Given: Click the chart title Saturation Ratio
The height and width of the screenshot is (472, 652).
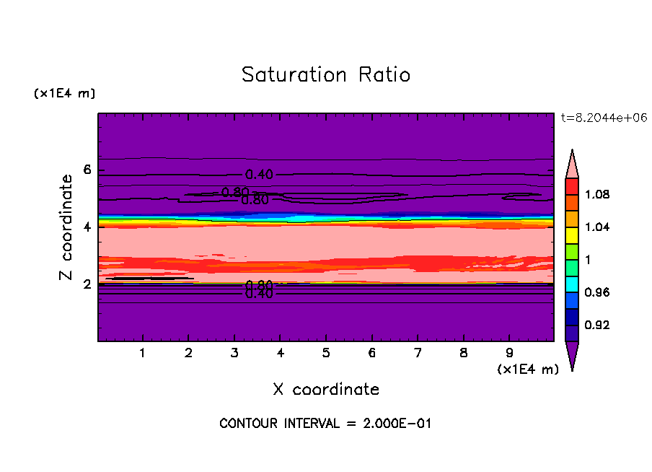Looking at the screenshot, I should pos(326,75).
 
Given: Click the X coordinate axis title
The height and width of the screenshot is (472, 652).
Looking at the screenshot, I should pos(326,390).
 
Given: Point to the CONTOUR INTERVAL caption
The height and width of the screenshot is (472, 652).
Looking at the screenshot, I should pos(325,424).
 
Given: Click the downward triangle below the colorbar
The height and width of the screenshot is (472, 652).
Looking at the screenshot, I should pos(572,355).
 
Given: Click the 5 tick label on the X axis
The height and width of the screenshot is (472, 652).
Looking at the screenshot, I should pos(326,354).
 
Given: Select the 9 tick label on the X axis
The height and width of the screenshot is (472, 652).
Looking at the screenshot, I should pos(509,354).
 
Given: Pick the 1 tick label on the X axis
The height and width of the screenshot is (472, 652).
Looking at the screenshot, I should pos(143,354).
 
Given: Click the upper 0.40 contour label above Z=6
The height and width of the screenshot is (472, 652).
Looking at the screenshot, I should pos(259,175).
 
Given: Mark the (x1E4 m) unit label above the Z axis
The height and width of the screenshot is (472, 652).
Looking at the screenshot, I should pos(64,94).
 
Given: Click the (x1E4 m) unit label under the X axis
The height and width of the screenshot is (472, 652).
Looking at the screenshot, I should pos(528,370).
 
